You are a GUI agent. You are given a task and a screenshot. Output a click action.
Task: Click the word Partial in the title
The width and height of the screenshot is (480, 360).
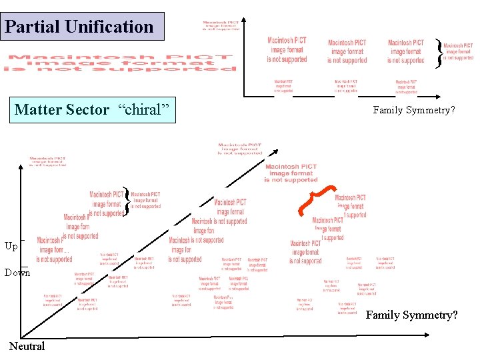click(x=31, y=27)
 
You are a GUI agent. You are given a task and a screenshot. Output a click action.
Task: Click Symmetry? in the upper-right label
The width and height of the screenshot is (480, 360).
click(x=431, y=110)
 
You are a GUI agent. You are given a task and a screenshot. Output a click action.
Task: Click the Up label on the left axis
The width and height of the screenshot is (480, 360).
click(x=11, y=246)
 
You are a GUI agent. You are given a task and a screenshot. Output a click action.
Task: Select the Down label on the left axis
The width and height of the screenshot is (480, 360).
click(x=17, y=273)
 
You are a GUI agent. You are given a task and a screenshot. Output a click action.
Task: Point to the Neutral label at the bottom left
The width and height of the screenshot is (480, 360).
click(x=27, y=346)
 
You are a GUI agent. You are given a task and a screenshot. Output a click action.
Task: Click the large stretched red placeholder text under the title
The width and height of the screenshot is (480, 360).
click(x=120, y=63)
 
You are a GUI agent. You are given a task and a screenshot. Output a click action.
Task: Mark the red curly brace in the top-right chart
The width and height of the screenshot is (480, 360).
click(x=438, y=53)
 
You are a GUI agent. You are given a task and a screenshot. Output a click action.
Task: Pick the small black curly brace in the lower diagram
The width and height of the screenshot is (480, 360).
click(x=127, y=200)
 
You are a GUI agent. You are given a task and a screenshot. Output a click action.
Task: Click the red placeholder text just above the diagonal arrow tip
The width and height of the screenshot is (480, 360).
click(x=240, y=149)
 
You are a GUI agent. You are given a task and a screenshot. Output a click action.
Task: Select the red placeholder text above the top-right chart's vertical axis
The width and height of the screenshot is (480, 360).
click(x=221, y=25)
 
